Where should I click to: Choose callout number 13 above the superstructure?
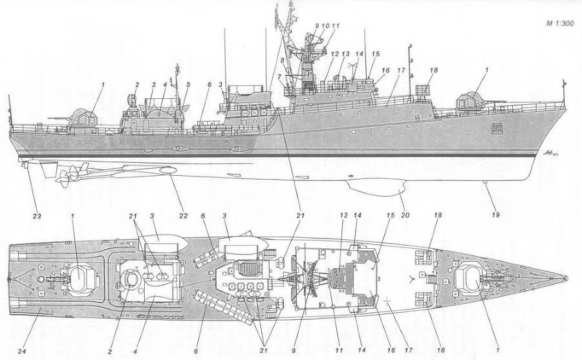click(346, 54)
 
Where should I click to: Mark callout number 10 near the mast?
click(326, 25)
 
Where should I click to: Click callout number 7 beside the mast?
click(279, 76)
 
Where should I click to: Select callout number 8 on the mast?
click(282, 60)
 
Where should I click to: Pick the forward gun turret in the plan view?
click(469, 279)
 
